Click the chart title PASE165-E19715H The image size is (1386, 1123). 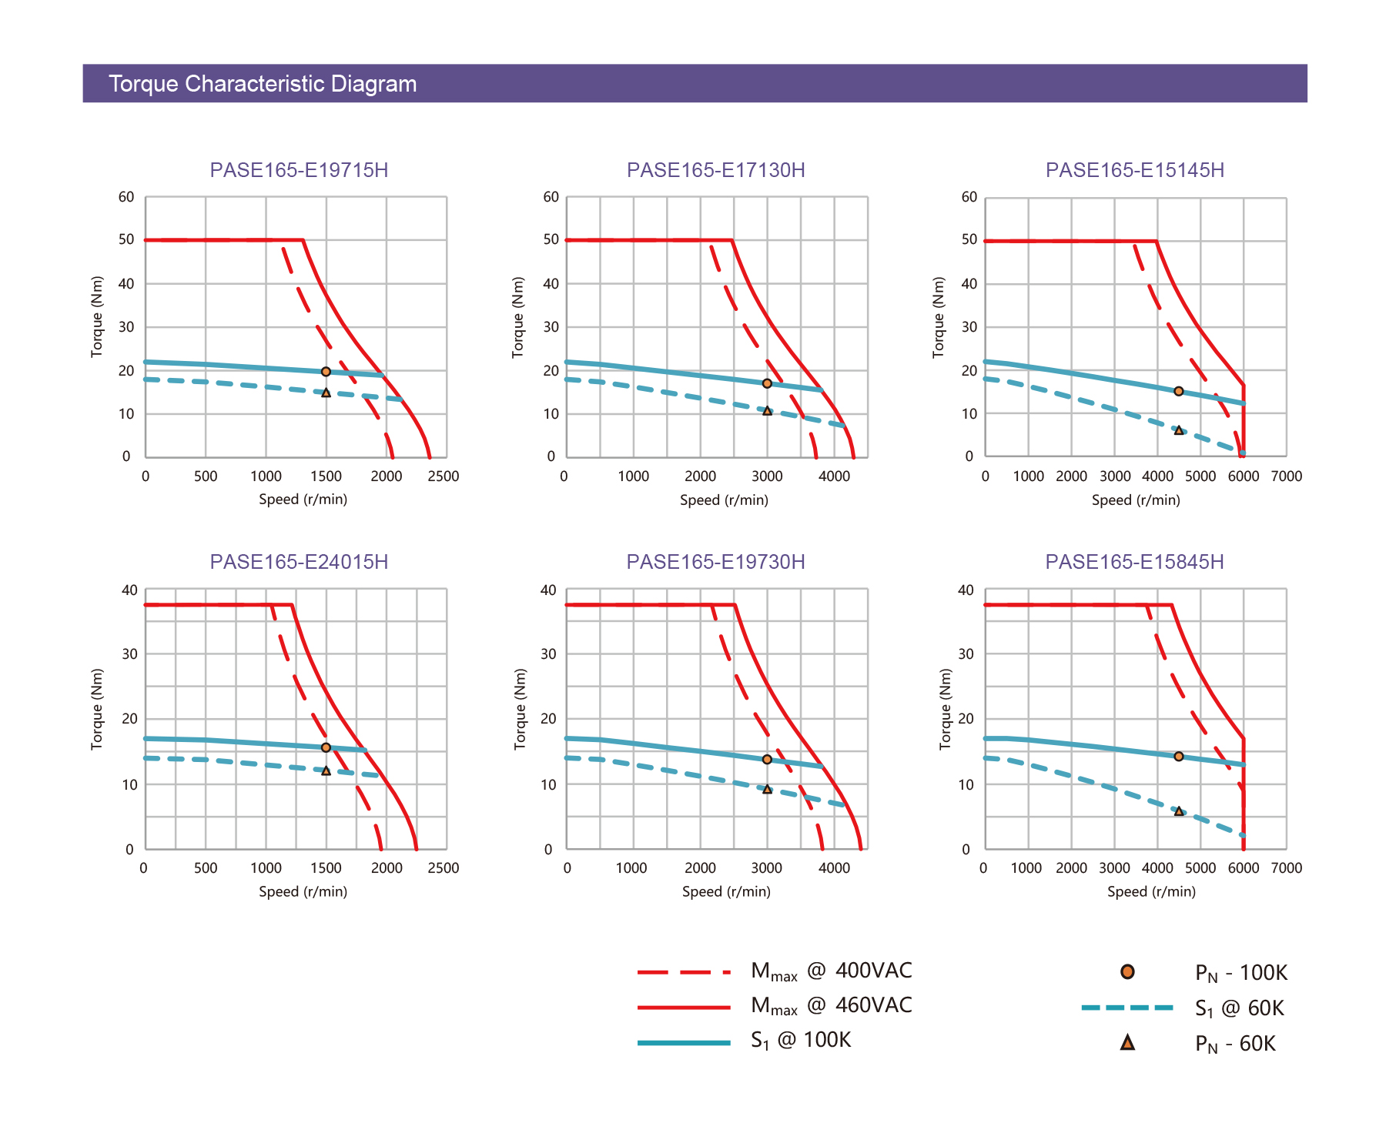[299, 170]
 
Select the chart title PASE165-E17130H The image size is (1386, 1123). [715, 170]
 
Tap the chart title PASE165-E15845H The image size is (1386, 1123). [1134, 562]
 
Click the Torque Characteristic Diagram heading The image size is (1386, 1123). [263, 84]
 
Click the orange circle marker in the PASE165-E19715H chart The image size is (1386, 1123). [326, 372]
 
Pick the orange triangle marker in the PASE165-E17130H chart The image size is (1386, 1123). [767, 411]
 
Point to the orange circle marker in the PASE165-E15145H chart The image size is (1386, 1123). [1178, 391]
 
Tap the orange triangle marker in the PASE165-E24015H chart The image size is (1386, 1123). [326, 770]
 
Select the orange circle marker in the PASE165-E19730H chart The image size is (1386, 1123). [767, 760]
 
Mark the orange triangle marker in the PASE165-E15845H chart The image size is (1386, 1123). [1178, 811]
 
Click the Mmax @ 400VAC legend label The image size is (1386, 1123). [831, 971]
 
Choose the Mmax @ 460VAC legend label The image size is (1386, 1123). [831, 1006]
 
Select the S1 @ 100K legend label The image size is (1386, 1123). [801, 1041]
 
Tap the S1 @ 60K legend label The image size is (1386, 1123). [1239, 1008]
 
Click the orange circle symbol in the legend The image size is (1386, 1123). [1127, 972]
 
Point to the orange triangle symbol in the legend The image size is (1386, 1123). [1127, 1043]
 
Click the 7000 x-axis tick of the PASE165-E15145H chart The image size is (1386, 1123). [1286, 476]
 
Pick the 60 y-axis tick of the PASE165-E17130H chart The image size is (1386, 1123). [551, 197]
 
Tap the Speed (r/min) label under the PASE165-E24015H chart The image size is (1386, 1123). [303, 891]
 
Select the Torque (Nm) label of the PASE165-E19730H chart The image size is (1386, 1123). [521, 709]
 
